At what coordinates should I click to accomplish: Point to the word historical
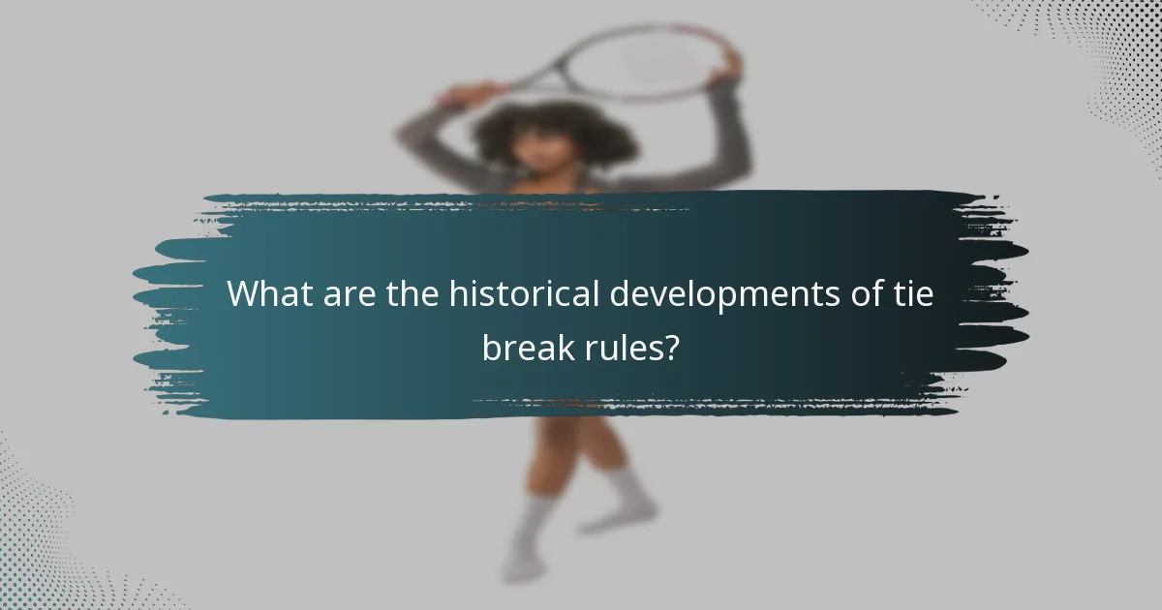524,294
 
